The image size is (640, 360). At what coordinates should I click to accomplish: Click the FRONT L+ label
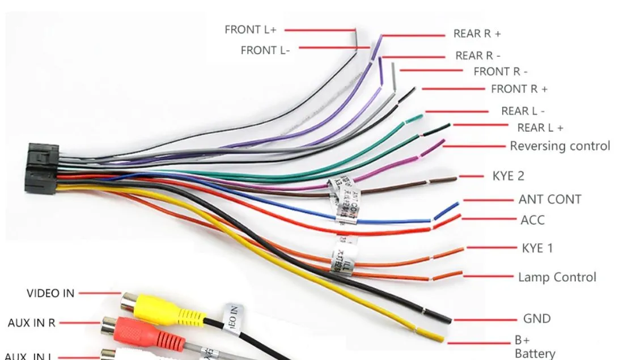tap(250, 29)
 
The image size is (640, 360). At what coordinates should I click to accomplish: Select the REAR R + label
tap(477, 33)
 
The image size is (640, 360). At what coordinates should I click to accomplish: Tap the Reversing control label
tap(560, 146)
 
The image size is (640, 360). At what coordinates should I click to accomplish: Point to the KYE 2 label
tap(508, 176)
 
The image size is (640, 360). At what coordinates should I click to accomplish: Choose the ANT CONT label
tap(549, 200)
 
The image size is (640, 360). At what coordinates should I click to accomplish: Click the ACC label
tap(532, 220)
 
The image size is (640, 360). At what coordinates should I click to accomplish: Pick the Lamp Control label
tap(557, 277)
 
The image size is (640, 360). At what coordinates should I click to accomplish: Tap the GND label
tap(536, 319)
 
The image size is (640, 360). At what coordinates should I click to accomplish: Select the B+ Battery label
tap(534, 347)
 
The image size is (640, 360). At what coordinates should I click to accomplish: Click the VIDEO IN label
tap(50, 293)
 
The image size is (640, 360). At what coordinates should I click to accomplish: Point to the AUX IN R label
tap(32, 323)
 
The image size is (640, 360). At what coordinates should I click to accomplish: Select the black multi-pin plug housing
tap(41, 168)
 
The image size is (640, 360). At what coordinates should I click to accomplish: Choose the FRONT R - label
tap(500, 71)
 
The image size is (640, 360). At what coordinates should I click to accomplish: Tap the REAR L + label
tap(540, 128)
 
